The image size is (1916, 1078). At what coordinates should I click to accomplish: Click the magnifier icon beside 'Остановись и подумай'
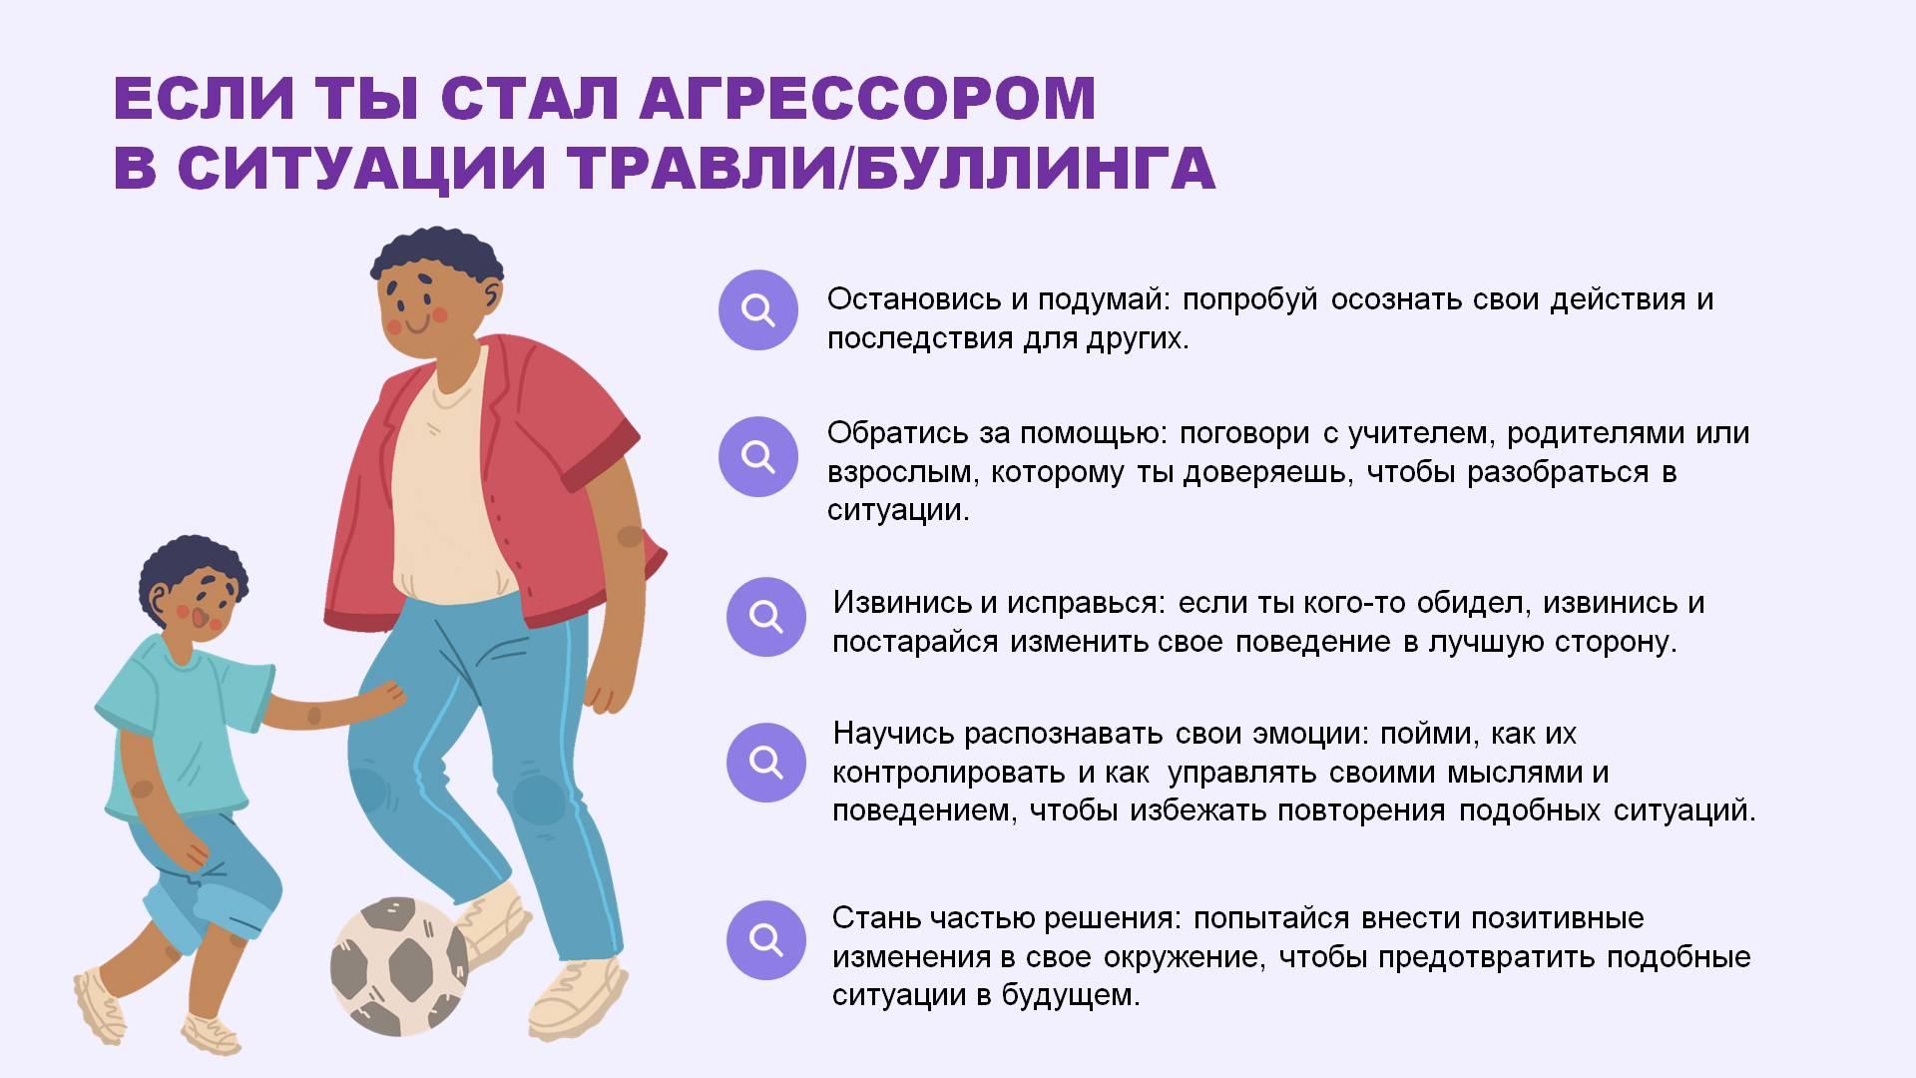pyautogui.click(x=758, y=310)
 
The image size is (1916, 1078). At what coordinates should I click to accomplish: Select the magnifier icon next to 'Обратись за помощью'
pyautogui.click(x=758, y=456)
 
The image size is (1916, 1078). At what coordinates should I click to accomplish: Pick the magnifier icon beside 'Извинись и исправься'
pyautogui.click(x=765, y=616)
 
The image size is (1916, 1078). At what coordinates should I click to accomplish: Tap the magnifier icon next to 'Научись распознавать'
pyautogui.click(x=765, y=763)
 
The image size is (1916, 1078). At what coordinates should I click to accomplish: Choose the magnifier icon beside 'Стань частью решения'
pyautogui.click(x=765, y=939)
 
